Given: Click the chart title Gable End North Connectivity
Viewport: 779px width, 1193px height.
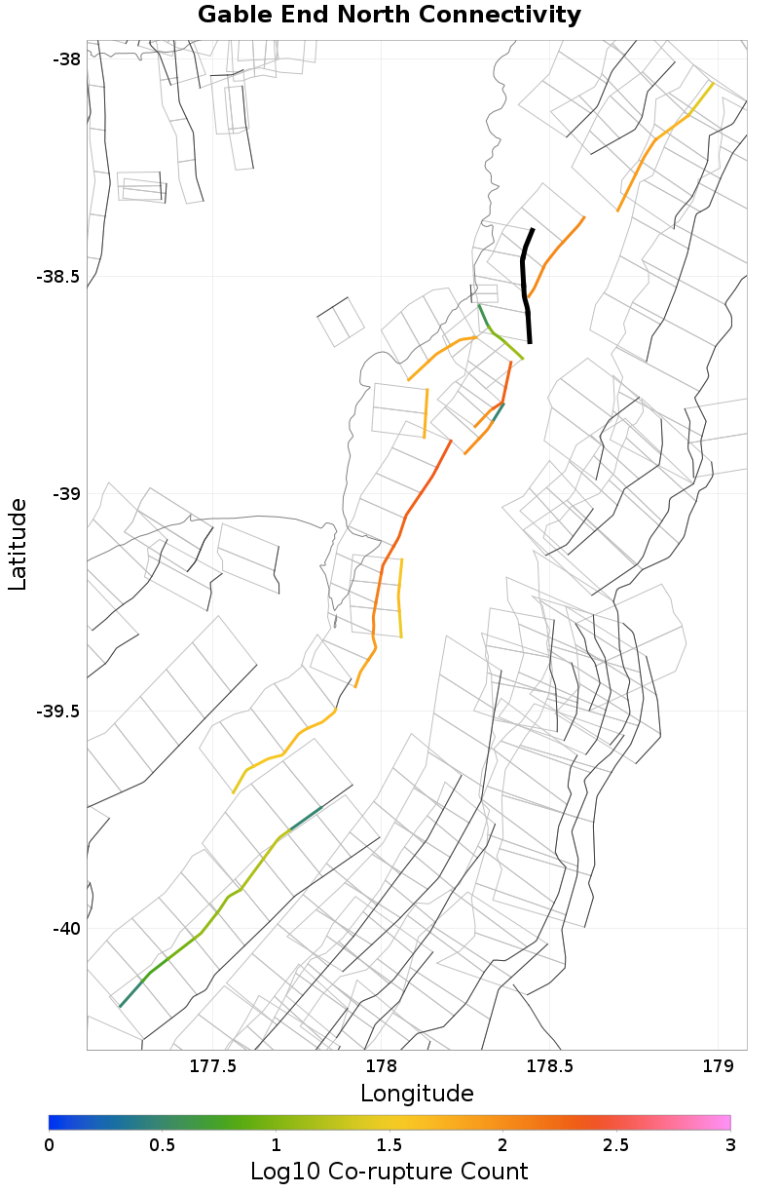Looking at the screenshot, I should [389, 15].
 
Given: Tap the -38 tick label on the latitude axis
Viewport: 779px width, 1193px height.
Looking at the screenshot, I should [66, 58].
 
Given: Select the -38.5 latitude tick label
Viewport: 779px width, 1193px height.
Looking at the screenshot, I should [58, 276].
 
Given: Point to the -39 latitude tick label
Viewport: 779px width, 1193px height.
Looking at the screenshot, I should [66, 493].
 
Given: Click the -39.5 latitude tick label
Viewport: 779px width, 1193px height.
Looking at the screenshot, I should [58, 711].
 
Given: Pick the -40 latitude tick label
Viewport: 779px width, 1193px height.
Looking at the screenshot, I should [66, 928].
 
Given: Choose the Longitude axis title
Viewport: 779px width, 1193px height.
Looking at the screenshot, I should [417, 1093].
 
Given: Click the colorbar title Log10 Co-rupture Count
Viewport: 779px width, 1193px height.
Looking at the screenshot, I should [389, 1171].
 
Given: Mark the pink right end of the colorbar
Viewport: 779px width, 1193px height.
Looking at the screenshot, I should [724, 1122].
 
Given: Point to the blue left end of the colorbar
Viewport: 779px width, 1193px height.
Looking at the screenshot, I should [55, 1122].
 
